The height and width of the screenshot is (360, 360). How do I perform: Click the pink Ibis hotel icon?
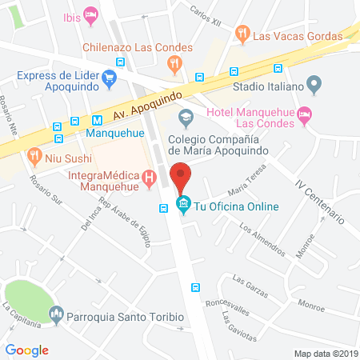91,14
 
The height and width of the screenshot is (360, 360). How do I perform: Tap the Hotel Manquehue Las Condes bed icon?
304,117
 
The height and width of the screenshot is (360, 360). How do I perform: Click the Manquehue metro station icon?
74,122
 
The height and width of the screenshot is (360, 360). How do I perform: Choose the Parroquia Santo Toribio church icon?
56,315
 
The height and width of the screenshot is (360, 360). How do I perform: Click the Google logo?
27,350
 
